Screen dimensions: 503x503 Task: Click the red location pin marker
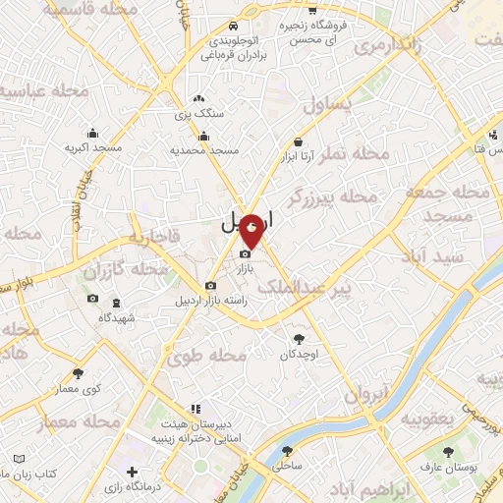(252, 228)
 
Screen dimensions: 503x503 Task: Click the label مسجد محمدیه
(206, 151)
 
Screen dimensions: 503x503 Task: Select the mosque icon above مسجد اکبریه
(92, 133)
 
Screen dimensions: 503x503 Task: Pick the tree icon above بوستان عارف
(448, 451)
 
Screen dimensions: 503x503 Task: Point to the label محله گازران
(121, 268)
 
